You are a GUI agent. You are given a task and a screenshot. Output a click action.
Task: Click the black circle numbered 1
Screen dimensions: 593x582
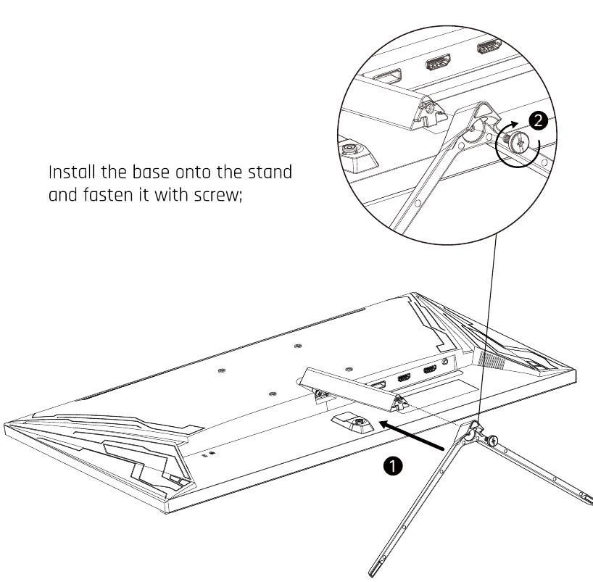pos(393,465)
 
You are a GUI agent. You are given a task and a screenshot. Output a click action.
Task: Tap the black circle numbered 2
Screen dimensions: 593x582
pos(538,121)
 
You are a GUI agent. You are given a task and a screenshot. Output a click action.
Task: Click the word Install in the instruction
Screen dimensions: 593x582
pos(72,172)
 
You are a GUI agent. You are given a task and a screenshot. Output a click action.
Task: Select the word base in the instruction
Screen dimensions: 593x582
pos(151,172)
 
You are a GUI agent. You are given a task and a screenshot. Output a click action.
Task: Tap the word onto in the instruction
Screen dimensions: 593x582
pos(193,172)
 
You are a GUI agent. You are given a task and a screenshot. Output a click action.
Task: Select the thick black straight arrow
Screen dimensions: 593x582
pos(411,435)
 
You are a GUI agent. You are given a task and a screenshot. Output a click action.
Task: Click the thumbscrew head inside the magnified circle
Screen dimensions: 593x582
pos(519,142)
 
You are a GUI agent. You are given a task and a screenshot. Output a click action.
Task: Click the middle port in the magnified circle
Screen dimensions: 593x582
pos(438,62)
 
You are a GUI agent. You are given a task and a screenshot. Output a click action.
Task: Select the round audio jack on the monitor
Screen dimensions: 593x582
pos(445,362)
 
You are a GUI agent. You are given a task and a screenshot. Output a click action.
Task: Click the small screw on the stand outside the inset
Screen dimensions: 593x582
pos(492,441)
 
